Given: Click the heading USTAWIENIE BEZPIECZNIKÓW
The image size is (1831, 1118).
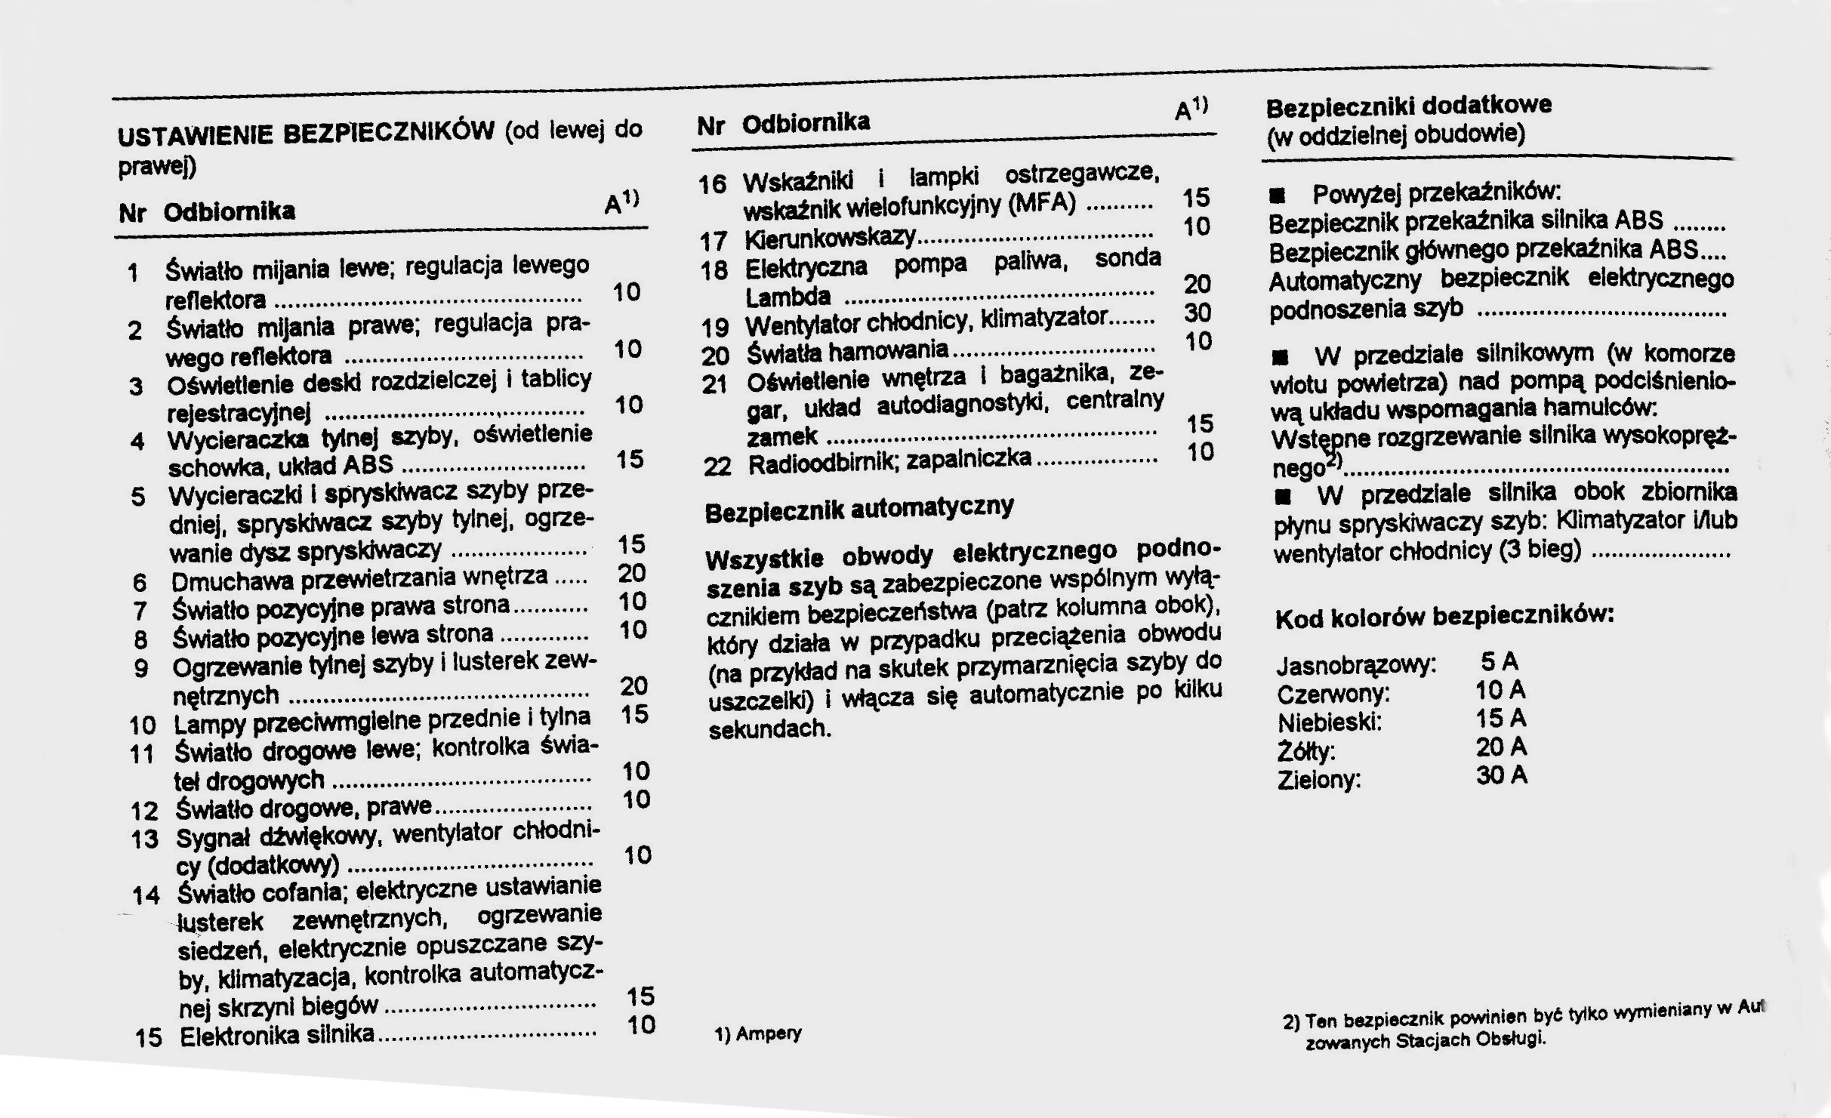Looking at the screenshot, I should pyautogui.click(x=306, y=134).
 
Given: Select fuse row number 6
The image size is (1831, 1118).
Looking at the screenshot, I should pyautogui.click(x=139, y=582).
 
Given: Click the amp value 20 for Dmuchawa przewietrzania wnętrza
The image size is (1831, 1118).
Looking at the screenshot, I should pyautogui.click(x=632, y=573).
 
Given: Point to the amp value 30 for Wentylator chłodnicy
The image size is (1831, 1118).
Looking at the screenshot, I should pyautogui.click(x=1198, y=313).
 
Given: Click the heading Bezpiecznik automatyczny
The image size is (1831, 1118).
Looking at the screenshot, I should pyautogui.click(x=858, y=510).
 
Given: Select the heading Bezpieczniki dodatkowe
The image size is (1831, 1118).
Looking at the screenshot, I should pyautogui.click(x=1408, y=106).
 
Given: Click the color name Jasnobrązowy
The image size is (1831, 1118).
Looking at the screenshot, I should pyautogui.click(x=1356, y=666).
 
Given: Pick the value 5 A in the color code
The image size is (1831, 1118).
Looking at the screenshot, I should pyautogui.click(x=1500, y=662).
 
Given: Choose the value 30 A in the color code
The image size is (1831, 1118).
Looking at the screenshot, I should pyautogui.click(x=1501, y=775).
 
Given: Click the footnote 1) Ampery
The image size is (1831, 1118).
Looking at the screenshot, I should pyautogui.click(x=757, y=1033).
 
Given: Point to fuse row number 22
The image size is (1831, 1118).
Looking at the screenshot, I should pyautogui.click(x=717, y=466).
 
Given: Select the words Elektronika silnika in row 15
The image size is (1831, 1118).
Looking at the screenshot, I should pyautogui.click(x=277, y=1034).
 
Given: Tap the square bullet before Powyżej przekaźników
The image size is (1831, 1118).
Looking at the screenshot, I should pyautogui.click(x=1277, y=197).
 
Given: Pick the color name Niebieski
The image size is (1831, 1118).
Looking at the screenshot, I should pyautogui.click(x=1330, y=722).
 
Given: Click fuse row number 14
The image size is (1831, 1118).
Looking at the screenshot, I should pyautogui.click(x=146, y=895).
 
